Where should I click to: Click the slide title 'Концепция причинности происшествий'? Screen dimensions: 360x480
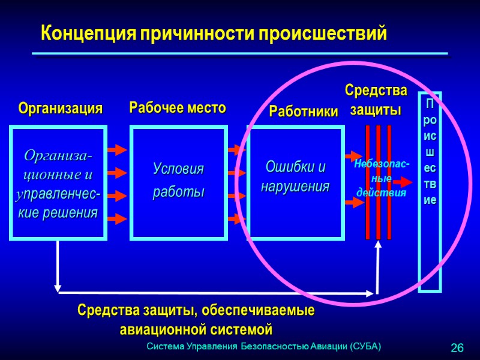pyautogui.click(x=213, y=32)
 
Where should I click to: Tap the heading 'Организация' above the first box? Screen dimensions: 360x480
pyautogui.click(x=60, y=109)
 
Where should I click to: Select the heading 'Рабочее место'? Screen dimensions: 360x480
pyautogui.click(x=178, y=108)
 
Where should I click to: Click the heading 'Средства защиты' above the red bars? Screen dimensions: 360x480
pyautogui.click(x=376, y=100)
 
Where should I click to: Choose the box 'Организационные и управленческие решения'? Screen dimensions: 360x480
pyautogui.click(x=58, y=183)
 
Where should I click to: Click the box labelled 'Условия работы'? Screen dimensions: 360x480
pyautogui.click(x=179, y=182)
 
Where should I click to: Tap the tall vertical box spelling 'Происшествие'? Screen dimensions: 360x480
pyautogui.click(x=430, y=192)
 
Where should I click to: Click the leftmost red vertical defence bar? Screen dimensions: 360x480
pyautogui.click(x=368, y=182)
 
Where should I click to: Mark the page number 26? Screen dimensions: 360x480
pyautogui.click(x=457, y=348)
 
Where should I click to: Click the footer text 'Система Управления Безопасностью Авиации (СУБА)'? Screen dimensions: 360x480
pyautogui.click(x=264, y=347)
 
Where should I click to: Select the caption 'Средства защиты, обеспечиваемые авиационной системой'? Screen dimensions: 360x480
pyautogui.click(x=196, y=320)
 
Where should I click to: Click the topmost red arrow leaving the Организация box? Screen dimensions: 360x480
pyautogui.click(x=116, y=149)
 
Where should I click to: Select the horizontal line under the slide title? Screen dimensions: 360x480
pyautogui.click(x=240, y=54)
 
